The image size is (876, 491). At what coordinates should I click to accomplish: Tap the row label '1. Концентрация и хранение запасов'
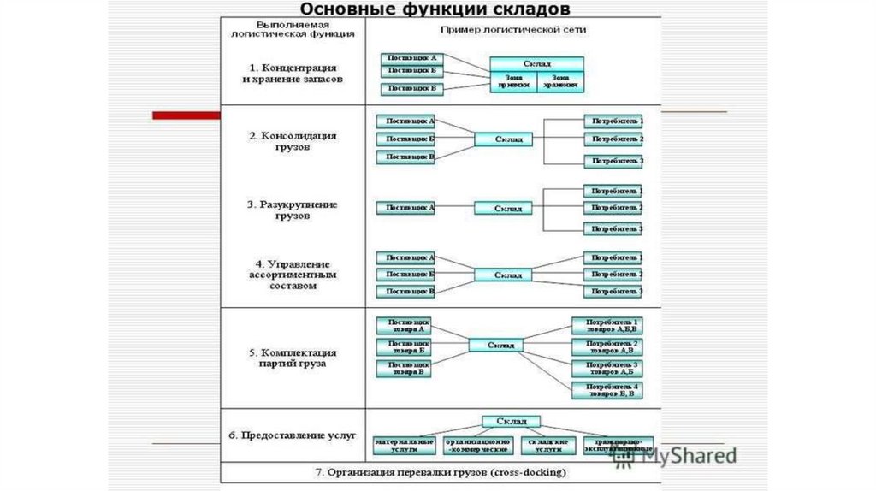click(x=293, y=72)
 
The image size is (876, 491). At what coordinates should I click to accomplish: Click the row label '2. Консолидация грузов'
click(x=293, y=140)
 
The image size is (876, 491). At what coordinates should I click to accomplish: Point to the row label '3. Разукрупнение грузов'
click(x=293, y=210)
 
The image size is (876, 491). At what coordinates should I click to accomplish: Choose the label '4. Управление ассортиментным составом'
click(x=293, y=275)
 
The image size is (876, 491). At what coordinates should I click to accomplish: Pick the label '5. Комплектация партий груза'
click(x=293, y=358)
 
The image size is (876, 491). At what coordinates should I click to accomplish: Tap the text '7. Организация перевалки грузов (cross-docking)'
click(x=439, y=472)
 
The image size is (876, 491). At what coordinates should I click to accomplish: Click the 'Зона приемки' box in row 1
click(x=513, y=80)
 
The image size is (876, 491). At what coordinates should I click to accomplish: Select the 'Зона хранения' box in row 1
click(x=560, y=80)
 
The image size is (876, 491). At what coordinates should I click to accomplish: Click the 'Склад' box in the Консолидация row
click(x=501, y=139)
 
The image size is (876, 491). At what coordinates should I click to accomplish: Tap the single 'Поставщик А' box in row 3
click(x=405, y=207)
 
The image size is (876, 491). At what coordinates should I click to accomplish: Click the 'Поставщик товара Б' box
click(x=405, y=347)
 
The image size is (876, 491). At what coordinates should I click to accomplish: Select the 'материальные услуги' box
click(x=405, y=445)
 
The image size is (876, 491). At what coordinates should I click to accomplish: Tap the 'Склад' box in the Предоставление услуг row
click(x=510, y=421)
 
